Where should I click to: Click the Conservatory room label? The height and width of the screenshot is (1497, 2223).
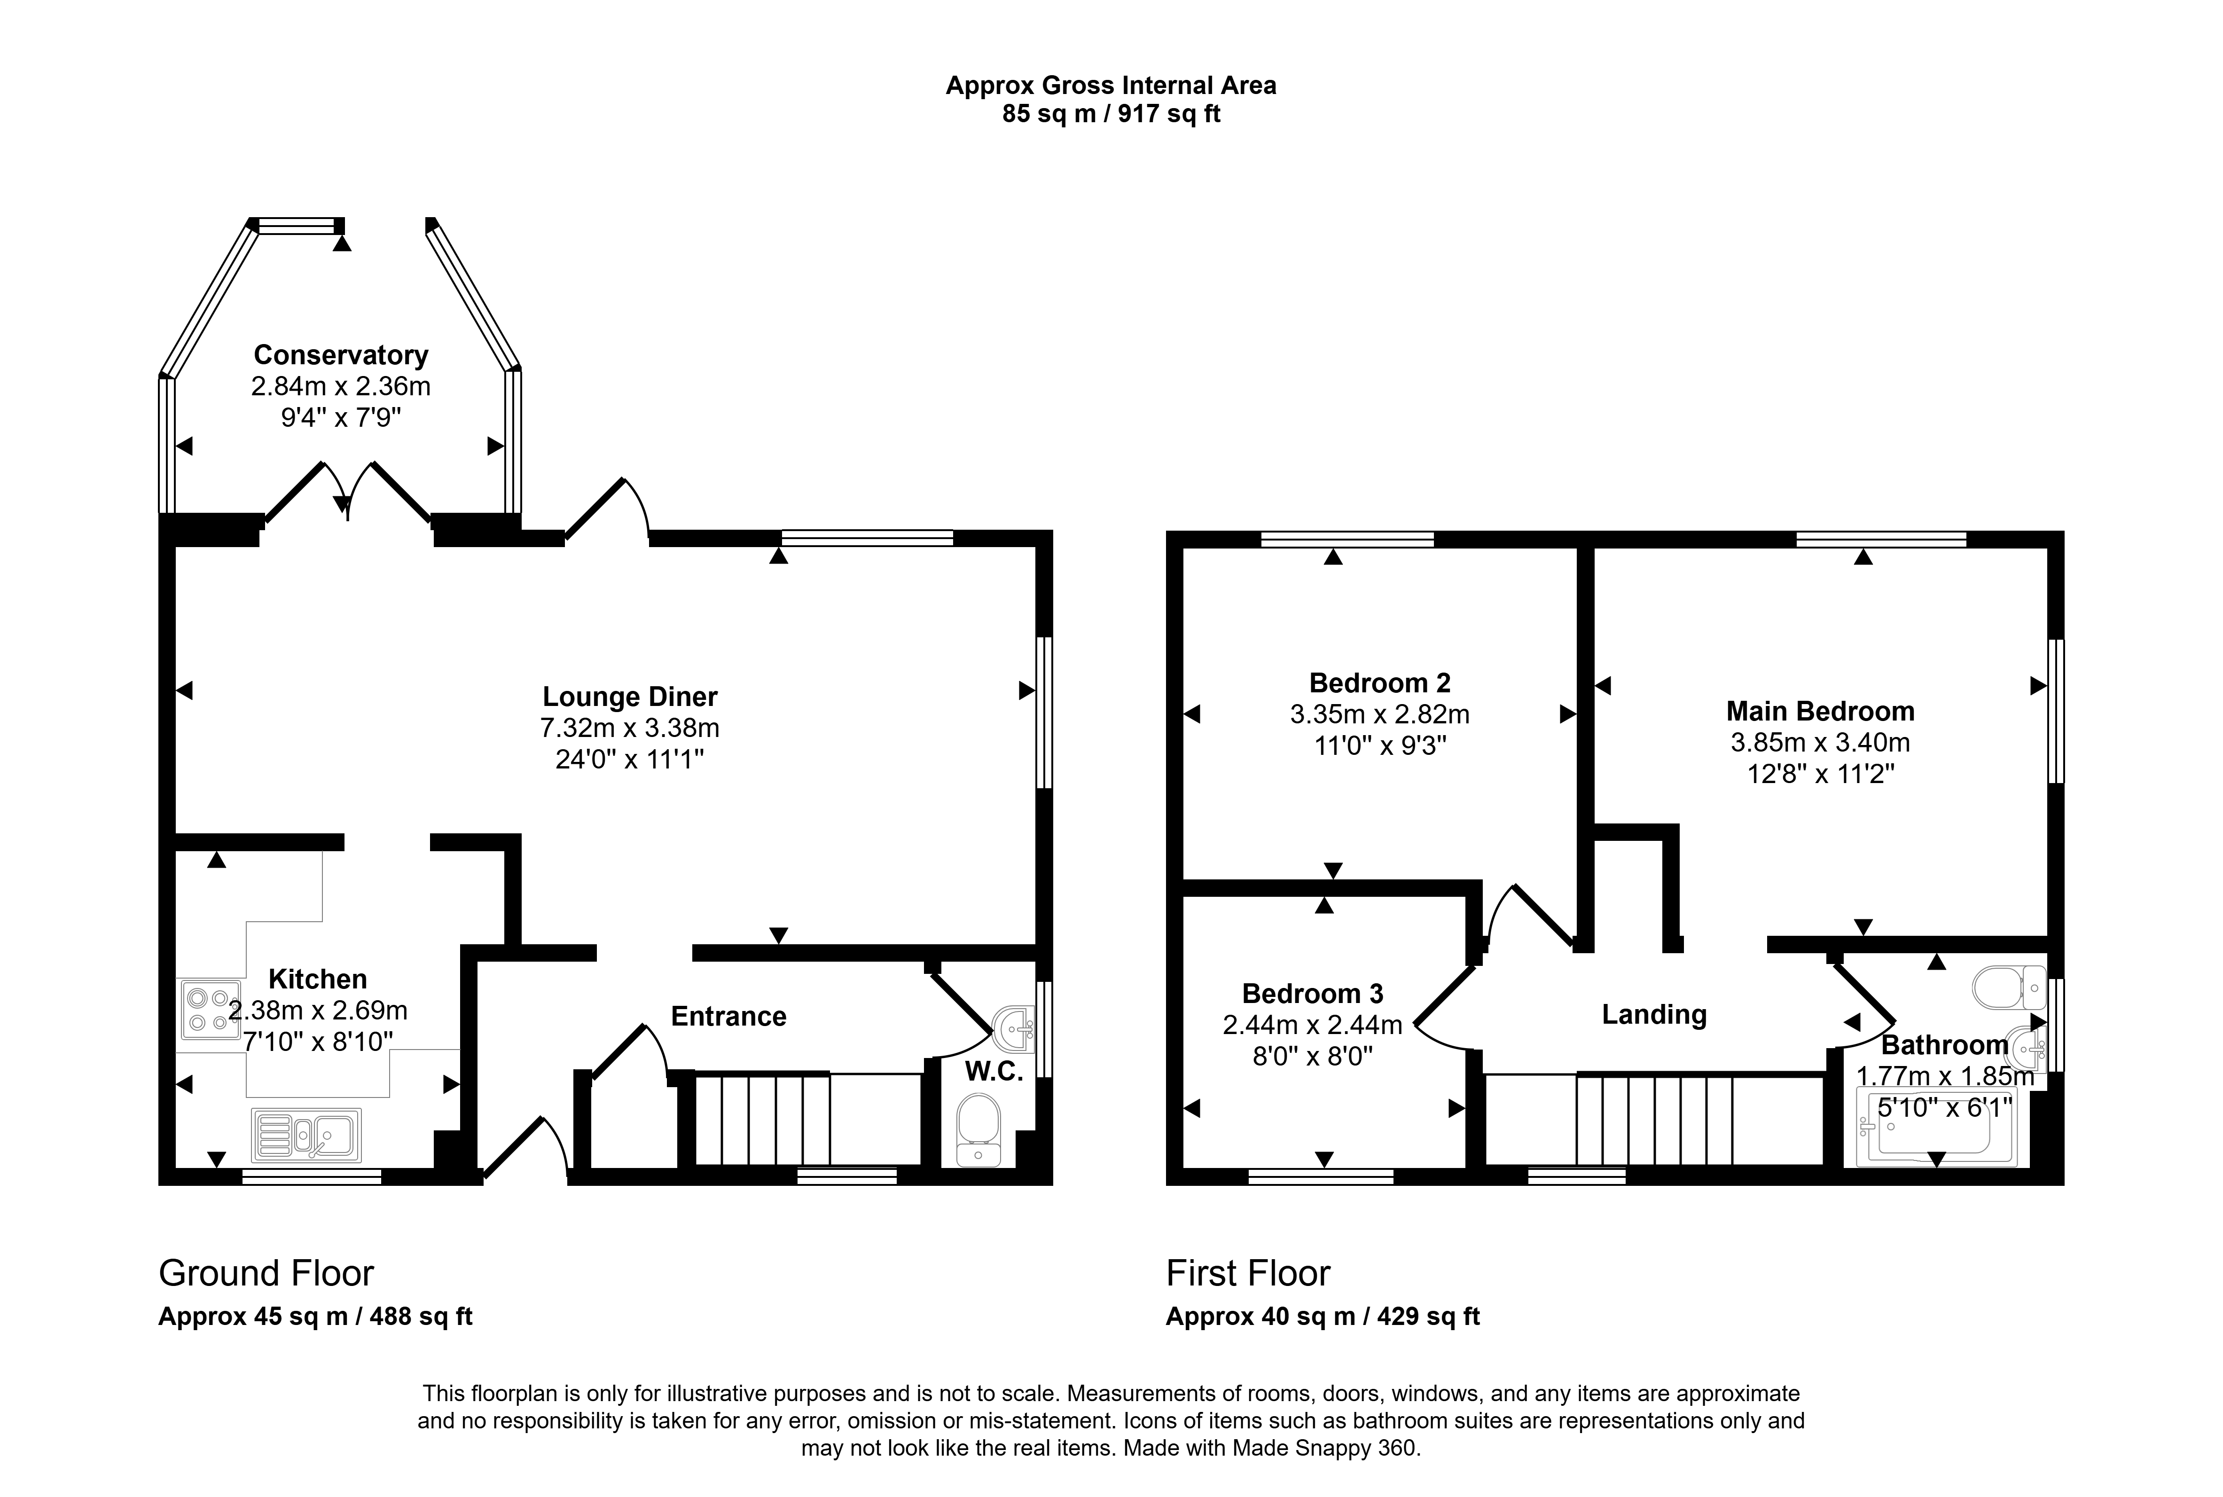point(341,355)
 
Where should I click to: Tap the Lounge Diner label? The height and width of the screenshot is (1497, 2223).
point(630,697)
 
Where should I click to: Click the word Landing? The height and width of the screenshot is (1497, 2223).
point(1654,1015)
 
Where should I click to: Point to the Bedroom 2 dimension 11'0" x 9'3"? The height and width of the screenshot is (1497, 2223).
point(1380,745)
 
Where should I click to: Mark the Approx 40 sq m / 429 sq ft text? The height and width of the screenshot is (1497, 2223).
point(1323,1317)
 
